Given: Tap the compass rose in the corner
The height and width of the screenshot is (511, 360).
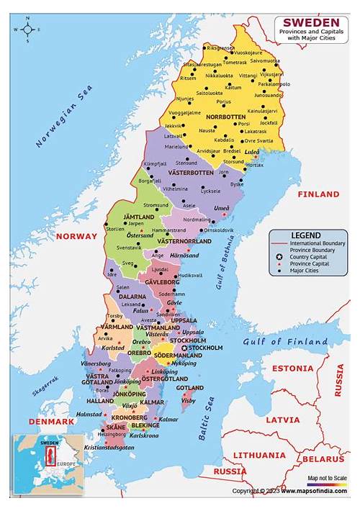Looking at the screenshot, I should [x=28, y=30].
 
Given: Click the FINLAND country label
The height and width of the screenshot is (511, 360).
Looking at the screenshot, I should [x=318, y=194].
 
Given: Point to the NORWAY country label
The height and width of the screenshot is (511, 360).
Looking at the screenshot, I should [x=76, y=236].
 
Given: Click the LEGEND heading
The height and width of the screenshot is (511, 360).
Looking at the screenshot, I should [x=305, y=235].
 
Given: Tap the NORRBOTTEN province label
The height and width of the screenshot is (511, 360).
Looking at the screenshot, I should [x=225, y=116].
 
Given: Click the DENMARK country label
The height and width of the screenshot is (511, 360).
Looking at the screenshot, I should [x=51, y=420].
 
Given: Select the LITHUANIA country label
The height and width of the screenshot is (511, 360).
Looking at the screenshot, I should [x=258, y=455].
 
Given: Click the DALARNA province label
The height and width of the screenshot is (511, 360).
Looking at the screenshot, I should [x=132, y=296].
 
